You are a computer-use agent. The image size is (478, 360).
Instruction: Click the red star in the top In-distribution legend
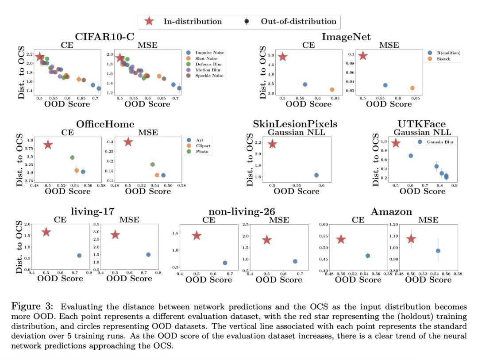(150, 21)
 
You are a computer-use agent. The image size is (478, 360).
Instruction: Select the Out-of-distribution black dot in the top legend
(247, 21)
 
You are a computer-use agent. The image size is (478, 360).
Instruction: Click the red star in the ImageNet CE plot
(282, 57)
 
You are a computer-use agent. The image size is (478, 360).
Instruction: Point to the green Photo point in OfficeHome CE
(72, 157)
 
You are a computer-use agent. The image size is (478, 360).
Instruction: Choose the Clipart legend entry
(202, 146)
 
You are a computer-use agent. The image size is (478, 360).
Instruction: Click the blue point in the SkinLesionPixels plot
(316, 175)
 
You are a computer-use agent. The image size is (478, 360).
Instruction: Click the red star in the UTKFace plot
(396, 143)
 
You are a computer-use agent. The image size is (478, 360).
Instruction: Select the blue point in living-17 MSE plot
(148, 255)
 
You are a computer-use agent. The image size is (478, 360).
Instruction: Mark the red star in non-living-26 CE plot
(197, 236)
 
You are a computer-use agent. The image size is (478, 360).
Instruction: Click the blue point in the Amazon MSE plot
(438, 251)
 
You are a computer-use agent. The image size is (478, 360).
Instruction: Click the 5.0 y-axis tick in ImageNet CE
(270, 56)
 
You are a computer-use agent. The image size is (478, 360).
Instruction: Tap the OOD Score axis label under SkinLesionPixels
(297, 191)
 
